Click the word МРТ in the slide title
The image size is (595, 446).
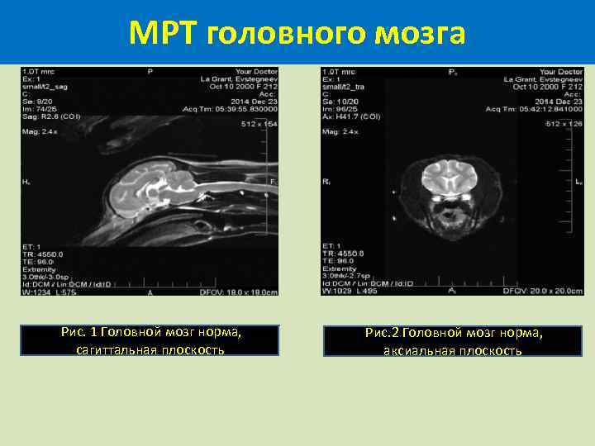[163, 33]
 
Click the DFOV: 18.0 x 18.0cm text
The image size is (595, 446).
[238, 292]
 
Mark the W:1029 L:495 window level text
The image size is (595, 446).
[354, 292]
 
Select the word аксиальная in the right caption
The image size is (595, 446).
[417, 350]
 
